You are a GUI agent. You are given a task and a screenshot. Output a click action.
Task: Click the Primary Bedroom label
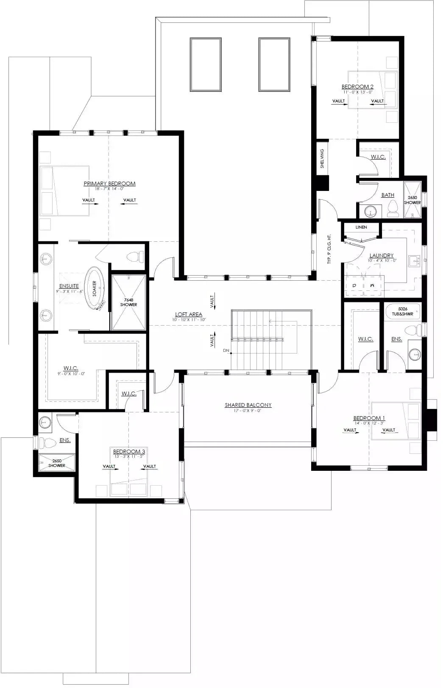[x=109, y=184]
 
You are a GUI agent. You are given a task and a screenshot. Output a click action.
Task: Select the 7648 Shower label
[x=128, y=302]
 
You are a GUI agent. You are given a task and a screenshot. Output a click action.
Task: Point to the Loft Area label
[x=189, y=315]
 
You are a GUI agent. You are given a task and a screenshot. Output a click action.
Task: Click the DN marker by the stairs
[x=226, y=351]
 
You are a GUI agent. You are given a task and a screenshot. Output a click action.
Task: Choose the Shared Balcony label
[x=248, y=405]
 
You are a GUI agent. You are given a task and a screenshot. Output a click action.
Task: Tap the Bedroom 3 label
[x=129, y=452]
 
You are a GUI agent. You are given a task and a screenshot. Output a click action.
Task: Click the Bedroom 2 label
[x=357, y=87]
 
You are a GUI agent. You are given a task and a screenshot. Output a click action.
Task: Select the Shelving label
[x=322, y=158]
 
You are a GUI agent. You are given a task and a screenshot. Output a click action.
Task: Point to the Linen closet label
[x=361, y=227]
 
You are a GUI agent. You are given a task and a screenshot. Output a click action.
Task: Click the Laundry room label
[x=381, y=255]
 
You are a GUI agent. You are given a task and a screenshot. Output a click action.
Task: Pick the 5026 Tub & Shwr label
[x=402, y=312]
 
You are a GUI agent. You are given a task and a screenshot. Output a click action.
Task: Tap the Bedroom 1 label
[x=369, y=418]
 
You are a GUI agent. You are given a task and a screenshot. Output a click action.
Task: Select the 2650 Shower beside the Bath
[x=412, y=200]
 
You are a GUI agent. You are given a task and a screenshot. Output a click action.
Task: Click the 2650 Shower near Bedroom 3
[x=57, y=463]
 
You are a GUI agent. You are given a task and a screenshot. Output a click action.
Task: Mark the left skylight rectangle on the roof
[x=206, y=64]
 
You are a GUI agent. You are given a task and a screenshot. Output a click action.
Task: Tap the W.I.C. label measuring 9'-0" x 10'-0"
[x=71, y=369]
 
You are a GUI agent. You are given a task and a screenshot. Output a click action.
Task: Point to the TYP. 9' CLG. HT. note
[x=329, y=249]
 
